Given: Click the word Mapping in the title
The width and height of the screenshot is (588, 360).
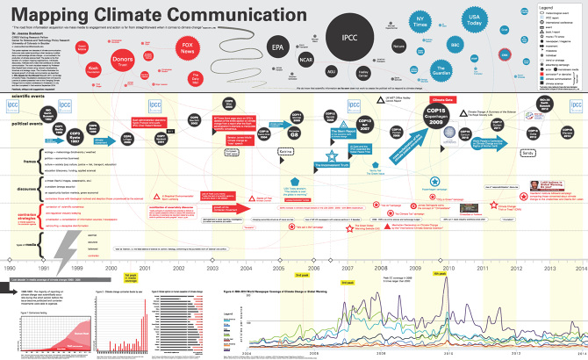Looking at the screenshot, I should (x=49, y=17).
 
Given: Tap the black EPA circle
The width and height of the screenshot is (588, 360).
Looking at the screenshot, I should (x=278, y=46).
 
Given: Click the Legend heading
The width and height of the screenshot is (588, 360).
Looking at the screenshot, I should (x=550, y=7).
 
